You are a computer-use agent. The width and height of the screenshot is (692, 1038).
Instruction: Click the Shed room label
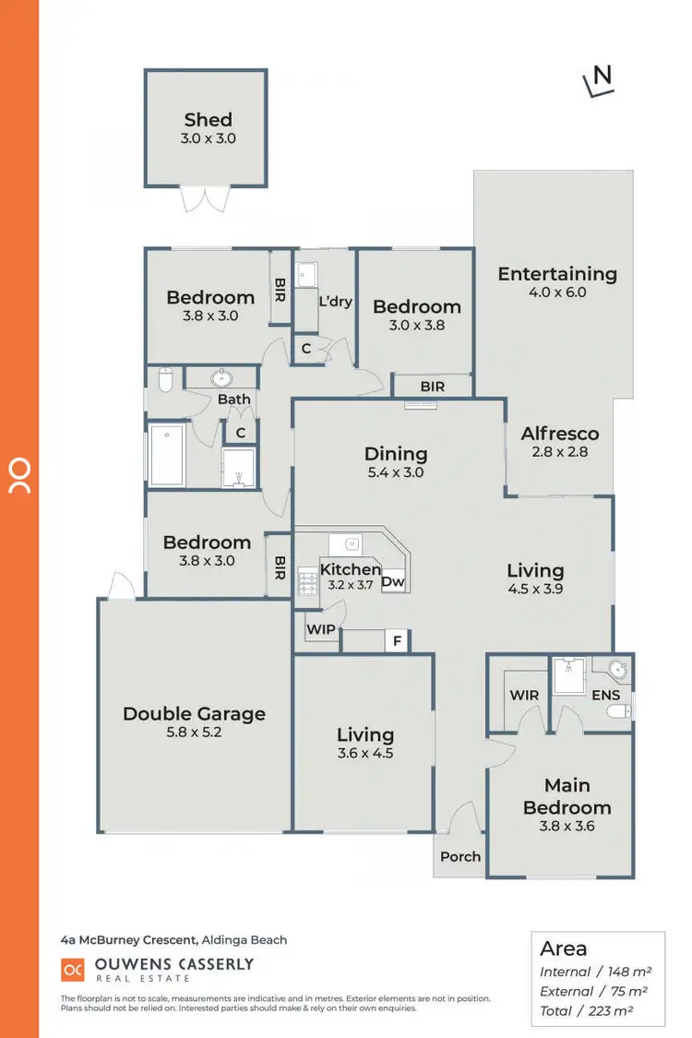(x=208, y=119)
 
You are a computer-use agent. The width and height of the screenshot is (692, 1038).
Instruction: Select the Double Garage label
(x=194, y=713)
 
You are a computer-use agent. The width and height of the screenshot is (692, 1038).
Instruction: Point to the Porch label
(x=459, y=856)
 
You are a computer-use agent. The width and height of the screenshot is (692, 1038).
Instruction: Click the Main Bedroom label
(x=567, y=796)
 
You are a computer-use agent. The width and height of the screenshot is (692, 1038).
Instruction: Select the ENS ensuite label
(x=606, y=695)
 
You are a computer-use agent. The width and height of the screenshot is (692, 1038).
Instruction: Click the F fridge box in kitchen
(x=397, y=639)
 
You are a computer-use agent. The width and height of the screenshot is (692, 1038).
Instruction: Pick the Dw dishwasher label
(x=392, y=582)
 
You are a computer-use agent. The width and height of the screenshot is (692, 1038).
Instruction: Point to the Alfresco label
(x=559, y=433)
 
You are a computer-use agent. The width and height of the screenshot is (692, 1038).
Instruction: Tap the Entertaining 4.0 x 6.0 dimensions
(x=556, y=292)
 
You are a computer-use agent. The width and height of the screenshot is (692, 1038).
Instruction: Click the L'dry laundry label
(x=335, y=301)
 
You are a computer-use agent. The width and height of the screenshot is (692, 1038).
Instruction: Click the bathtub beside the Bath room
(x=167, y=455)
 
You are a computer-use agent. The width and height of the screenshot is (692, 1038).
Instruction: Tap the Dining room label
(x=396, y=453)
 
